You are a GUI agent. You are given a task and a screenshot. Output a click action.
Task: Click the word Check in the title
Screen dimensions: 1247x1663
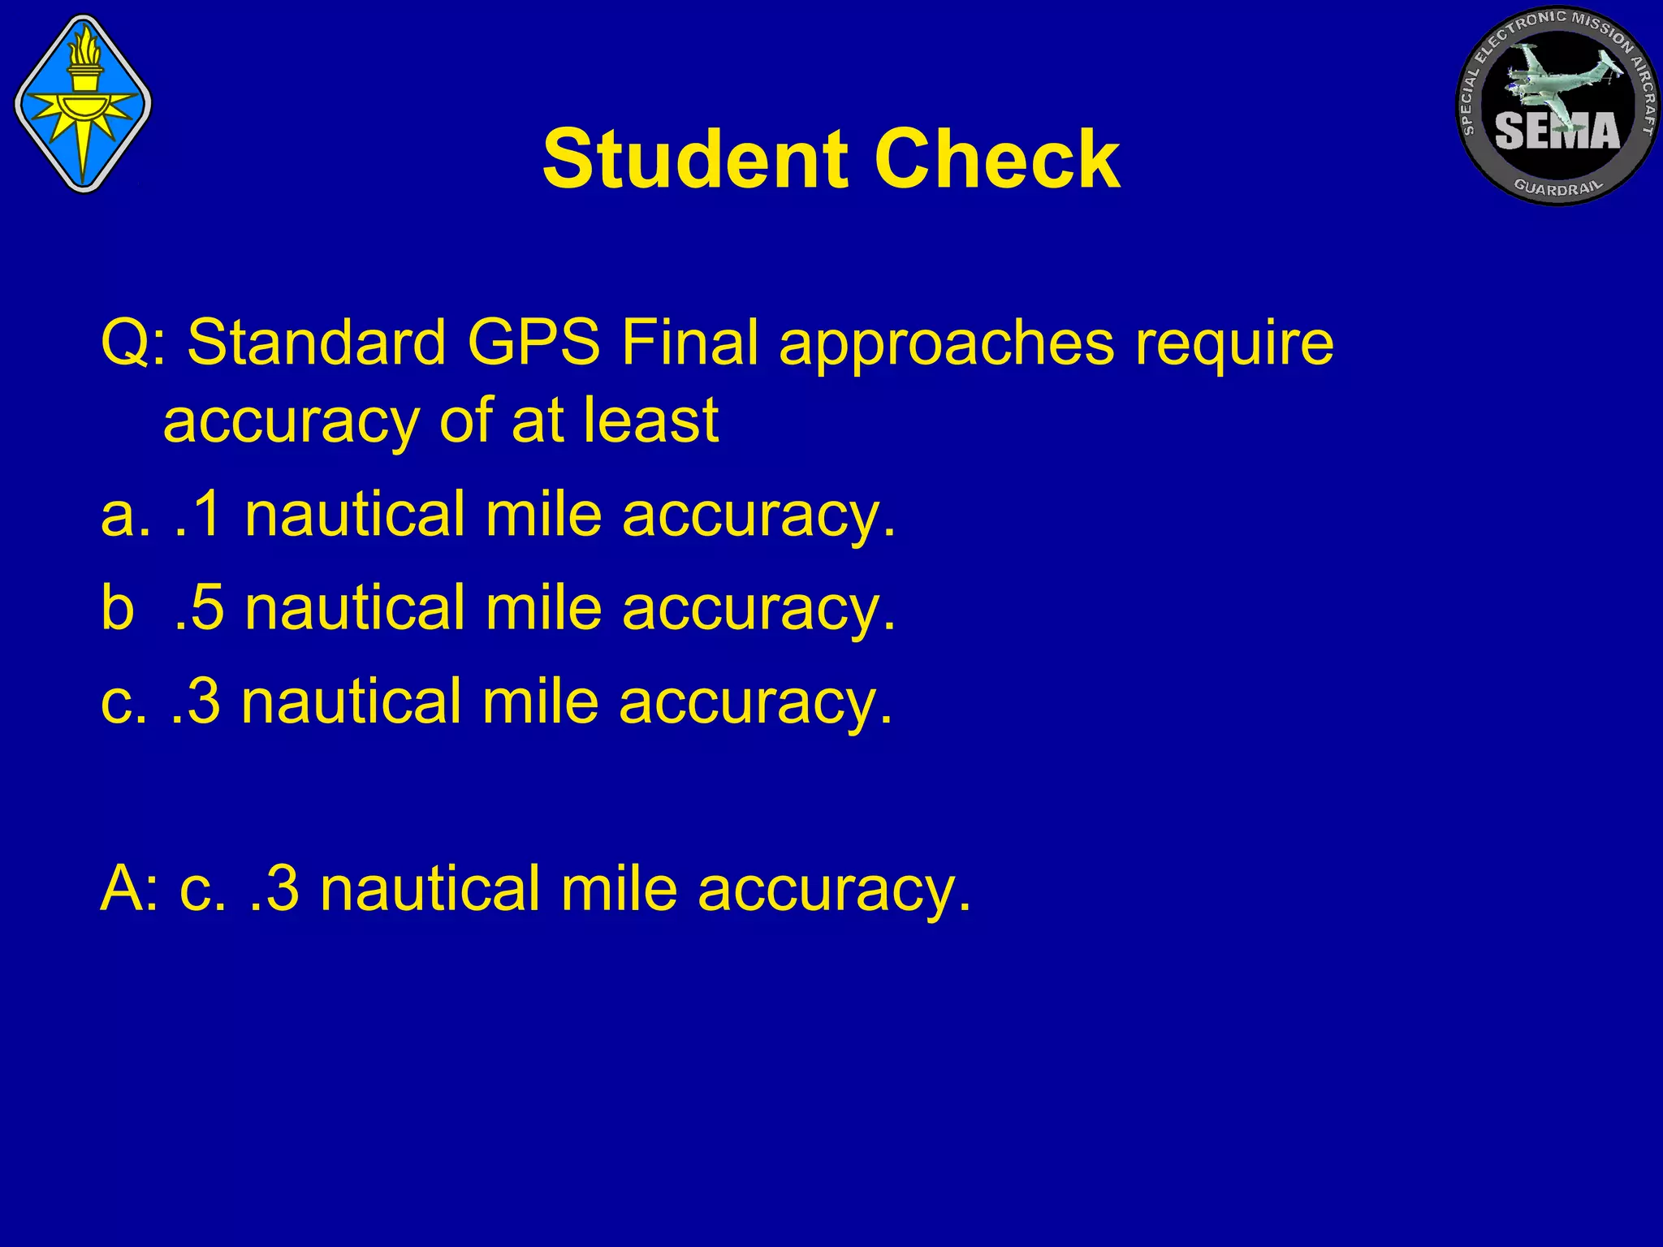pyautogui.click(x=998, y=159)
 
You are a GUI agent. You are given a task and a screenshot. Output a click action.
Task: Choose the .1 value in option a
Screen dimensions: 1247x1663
pyautogui.click(x=198, y=515)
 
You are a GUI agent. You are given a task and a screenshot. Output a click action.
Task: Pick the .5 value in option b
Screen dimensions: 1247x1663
pyautogui.click(x=198, y=608)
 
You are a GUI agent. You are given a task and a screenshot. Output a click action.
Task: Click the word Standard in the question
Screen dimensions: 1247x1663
pyautogui.click(x=317, y=343)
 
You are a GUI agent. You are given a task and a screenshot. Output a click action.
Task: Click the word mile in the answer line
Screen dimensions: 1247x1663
pyautogui.click(x=618, y=889)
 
